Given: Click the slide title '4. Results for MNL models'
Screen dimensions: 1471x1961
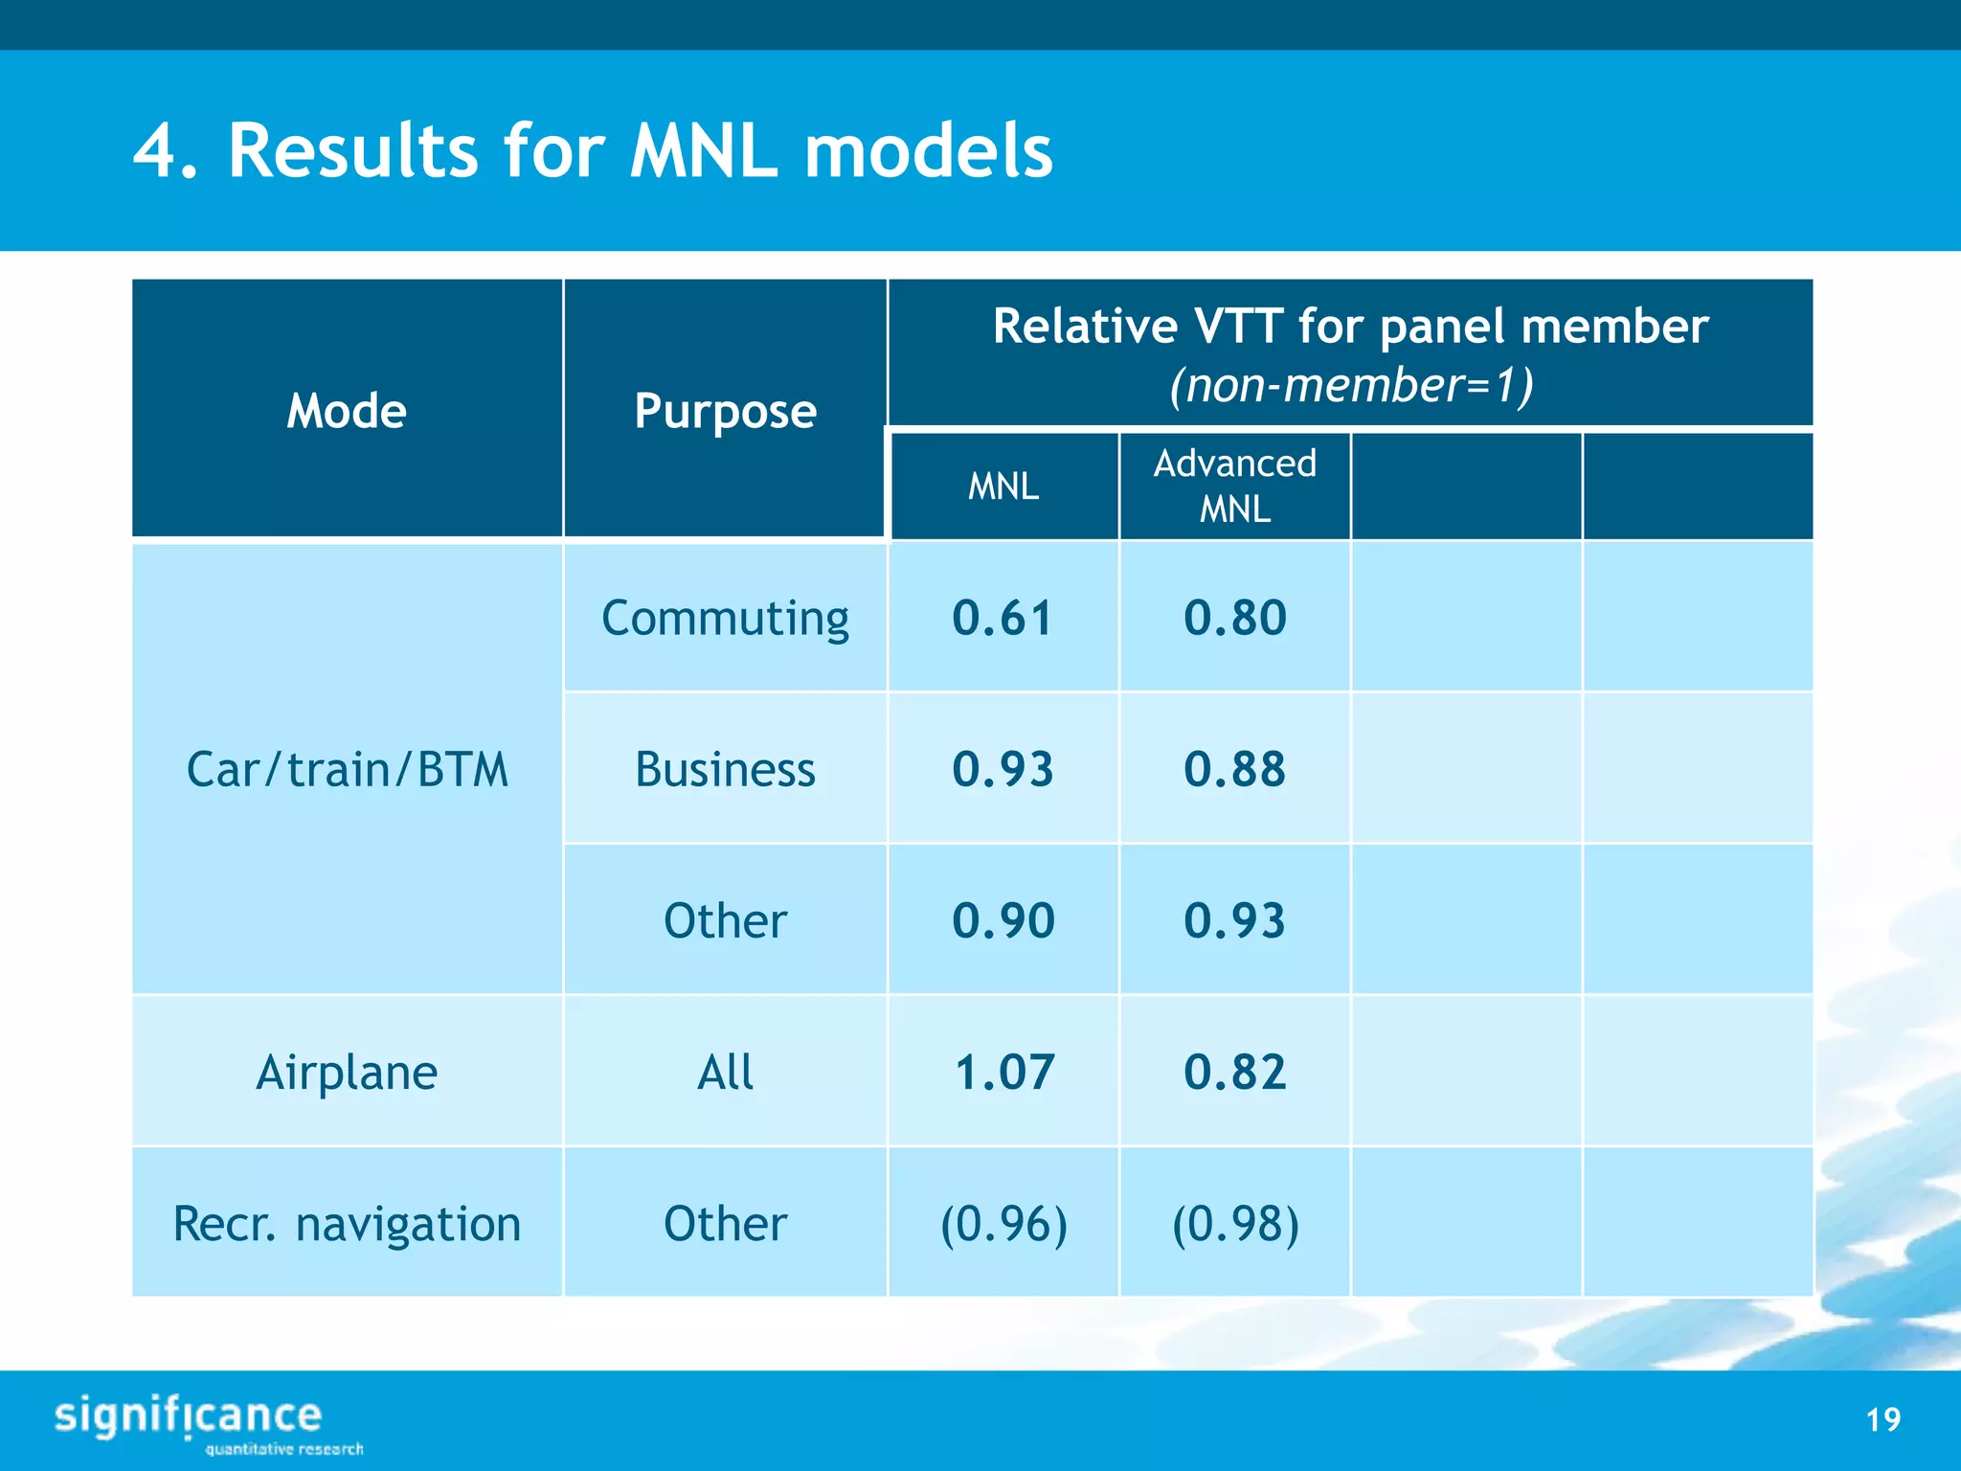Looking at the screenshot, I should (x=592, y=150).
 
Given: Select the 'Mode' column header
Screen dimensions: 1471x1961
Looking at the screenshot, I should (x=347, y=411).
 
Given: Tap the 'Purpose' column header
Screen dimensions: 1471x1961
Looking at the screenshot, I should (x=725, y=411).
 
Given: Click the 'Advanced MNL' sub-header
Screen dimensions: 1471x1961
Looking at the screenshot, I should (x=1234, y=486).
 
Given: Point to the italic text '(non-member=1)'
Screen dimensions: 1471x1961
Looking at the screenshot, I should (x=1351, y=385).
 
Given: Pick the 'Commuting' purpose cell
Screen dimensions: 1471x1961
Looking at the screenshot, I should (x=725, y=618).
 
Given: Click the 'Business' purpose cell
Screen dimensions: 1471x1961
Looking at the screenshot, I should (x=725, y=769).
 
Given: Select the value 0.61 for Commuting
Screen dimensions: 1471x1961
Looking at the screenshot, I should (x=1003, y=618).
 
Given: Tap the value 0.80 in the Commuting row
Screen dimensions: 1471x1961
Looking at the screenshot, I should (x=1234, y=618).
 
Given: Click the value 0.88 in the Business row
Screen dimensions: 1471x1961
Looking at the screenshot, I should (x=1234, y=769).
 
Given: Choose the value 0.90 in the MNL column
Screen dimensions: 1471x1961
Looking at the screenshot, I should (x=1003, y=920).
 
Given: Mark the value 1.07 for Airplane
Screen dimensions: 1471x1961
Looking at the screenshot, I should (x=1003, y=1072).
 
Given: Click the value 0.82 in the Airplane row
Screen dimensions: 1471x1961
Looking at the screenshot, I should (x=1234, y=1072).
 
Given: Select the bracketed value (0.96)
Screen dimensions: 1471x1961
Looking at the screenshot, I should (x=1003, y=1223).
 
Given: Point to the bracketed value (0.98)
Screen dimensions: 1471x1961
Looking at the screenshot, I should (x=1234, y=1223).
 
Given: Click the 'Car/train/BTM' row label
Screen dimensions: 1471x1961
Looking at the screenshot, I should (x=347, y=769).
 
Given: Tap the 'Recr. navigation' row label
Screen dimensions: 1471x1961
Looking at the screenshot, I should (x=347, y=1223).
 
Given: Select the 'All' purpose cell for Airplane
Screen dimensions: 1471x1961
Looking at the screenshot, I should (x=725, y=1072).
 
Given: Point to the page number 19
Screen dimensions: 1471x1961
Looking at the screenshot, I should (x=1882, y=1419).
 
